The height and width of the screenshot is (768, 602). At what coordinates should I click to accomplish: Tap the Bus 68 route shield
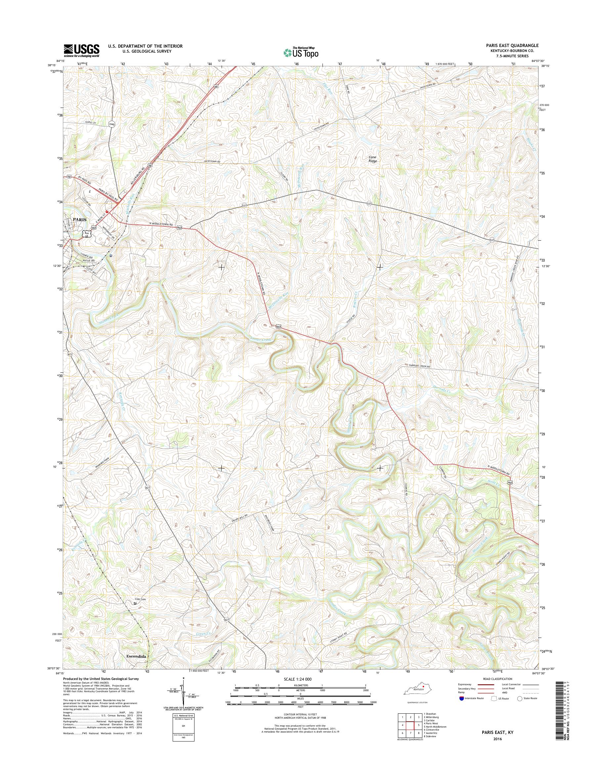pos(86,234)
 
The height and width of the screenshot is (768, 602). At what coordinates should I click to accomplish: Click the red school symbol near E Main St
pos(107,208)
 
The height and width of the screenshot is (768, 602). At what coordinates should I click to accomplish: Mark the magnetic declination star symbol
pos(184,678)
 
